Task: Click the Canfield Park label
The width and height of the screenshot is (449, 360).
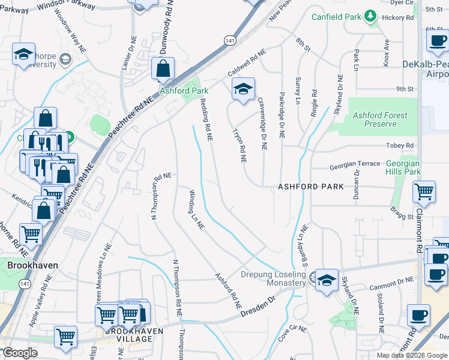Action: (x=337, y=16)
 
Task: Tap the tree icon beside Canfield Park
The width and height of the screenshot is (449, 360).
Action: (x=371, y=16)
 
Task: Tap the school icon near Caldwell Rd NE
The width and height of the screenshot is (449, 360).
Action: (x=243, y=89)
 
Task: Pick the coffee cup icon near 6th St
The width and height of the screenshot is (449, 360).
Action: (x=436, y=42)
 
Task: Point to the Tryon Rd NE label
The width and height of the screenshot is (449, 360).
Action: (x=240, y=148)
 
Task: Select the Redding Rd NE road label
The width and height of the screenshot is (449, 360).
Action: (x=205, y=119)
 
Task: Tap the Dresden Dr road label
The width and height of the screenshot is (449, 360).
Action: (x=258, y=306)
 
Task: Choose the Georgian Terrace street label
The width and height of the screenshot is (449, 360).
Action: (x=355, y=164)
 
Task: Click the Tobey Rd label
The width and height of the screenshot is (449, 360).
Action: (x=401, y=146)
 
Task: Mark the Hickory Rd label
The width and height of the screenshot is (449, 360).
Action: (x=401, y=18)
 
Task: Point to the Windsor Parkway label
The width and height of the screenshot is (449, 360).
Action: (x=65, y=5)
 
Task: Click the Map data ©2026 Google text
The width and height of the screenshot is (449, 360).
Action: (x=411, y=355)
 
